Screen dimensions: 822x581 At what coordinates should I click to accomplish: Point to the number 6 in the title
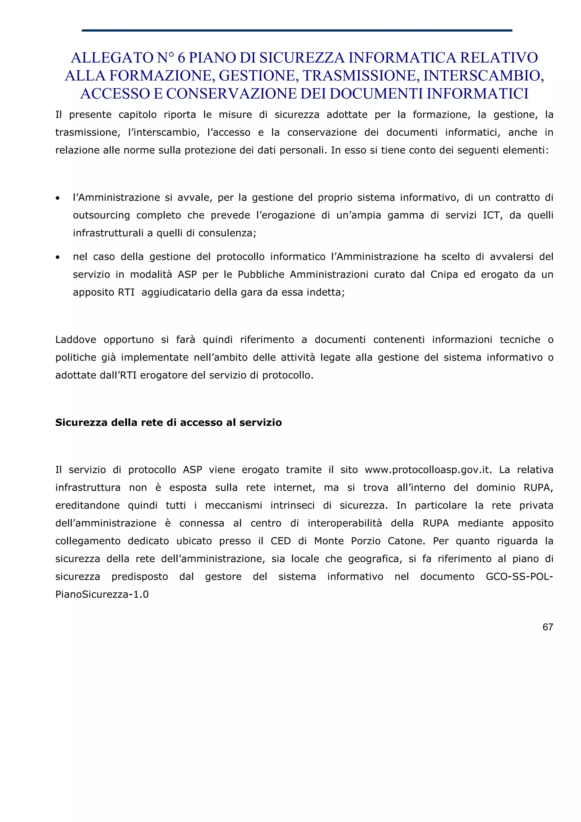click(x=181, y=58)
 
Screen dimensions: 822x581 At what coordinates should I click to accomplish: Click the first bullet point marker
click(x=58, y=198)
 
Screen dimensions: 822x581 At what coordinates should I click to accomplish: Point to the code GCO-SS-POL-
click(x=519, y=576)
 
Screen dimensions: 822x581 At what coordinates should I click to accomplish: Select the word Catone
click(x=406, y=541)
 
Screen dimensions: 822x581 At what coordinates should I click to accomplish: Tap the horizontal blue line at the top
click(x=297, y=30)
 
